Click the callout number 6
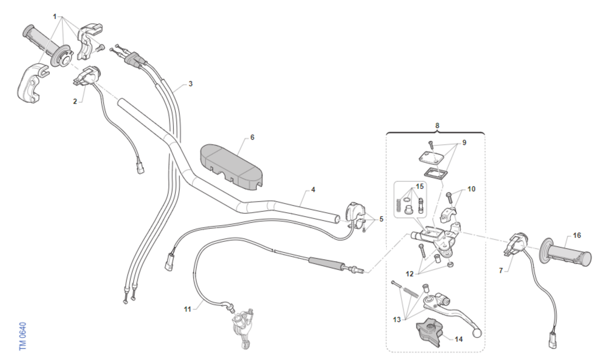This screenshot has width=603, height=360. click(x=252, y=137)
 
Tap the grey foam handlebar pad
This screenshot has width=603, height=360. click(x=231, y=167)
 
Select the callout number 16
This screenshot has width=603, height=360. click(x=577, y=235)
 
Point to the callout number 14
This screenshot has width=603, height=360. click(x=459, y=339)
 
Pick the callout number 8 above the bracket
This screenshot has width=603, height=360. click(x=437, y=126)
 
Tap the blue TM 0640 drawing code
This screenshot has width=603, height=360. click(x=23, y=336)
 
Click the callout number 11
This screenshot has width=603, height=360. click(x=187, y=309)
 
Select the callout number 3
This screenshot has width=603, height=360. click(x=190, y=84)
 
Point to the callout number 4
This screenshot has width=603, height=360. click(x=313, y=190)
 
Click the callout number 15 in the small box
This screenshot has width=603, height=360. click(x=420, y=187)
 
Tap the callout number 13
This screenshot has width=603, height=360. click(x=397, y=320)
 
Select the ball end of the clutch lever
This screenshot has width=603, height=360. click(x=476, y=334)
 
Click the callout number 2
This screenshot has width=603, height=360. click(x=75, y=102)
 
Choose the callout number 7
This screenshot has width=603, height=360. click(x=500, y=271)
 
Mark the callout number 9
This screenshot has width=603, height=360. click(x=464, y=142)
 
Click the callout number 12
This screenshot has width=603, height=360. click(x=410, y=274)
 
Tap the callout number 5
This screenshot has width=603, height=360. click(x=381, y=219)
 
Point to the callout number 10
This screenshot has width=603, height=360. click(x=471, y=189)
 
